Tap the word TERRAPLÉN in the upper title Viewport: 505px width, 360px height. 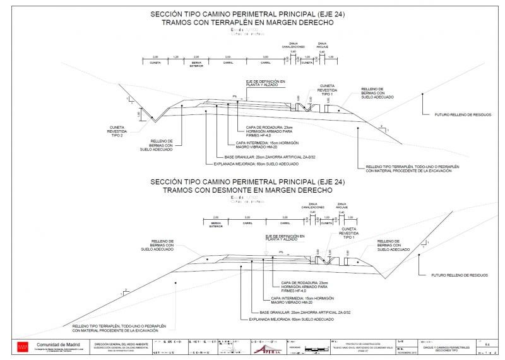[242, 23]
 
